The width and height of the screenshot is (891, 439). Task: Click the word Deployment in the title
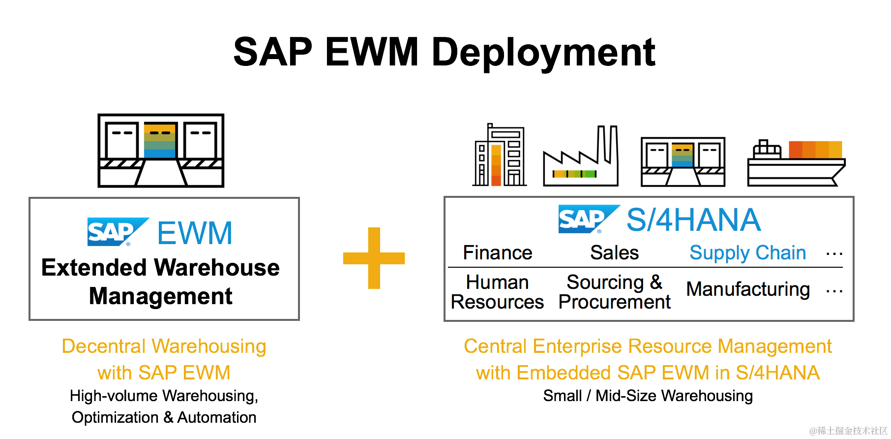(543, 52)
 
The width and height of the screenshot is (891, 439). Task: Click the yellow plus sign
(374, 258)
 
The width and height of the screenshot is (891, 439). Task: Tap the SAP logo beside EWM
(117, 232)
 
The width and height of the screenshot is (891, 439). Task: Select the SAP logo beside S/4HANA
(588, 219)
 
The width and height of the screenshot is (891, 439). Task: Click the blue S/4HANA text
(693, 219)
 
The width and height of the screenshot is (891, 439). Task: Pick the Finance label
(497, 252)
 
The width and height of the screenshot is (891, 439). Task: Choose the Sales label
(614, 252)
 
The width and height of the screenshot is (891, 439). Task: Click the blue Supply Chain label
(747, 253)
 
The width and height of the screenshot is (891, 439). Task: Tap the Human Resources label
(497, 292)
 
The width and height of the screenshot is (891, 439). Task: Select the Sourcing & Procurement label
(614, 292)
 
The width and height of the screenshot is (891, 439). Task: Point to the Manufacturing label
(747, 289)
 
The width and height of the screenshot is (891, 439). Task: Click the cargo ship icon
(796, 163)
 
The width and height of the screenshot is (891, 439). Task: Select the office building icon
(499, 156)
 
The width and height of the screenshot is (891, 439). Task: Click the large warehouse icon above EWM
(161, 151)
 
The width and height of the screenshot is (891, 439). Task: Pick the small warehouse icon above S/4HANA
(683, 162)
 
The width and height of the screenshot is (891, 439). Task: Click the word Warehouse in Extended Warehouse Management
(217, 268)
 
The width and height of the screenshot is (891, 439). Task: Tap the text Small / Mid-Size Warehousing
(648, 396)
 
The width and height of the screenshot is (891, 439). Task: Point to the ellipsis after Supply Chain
(834, 254)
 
